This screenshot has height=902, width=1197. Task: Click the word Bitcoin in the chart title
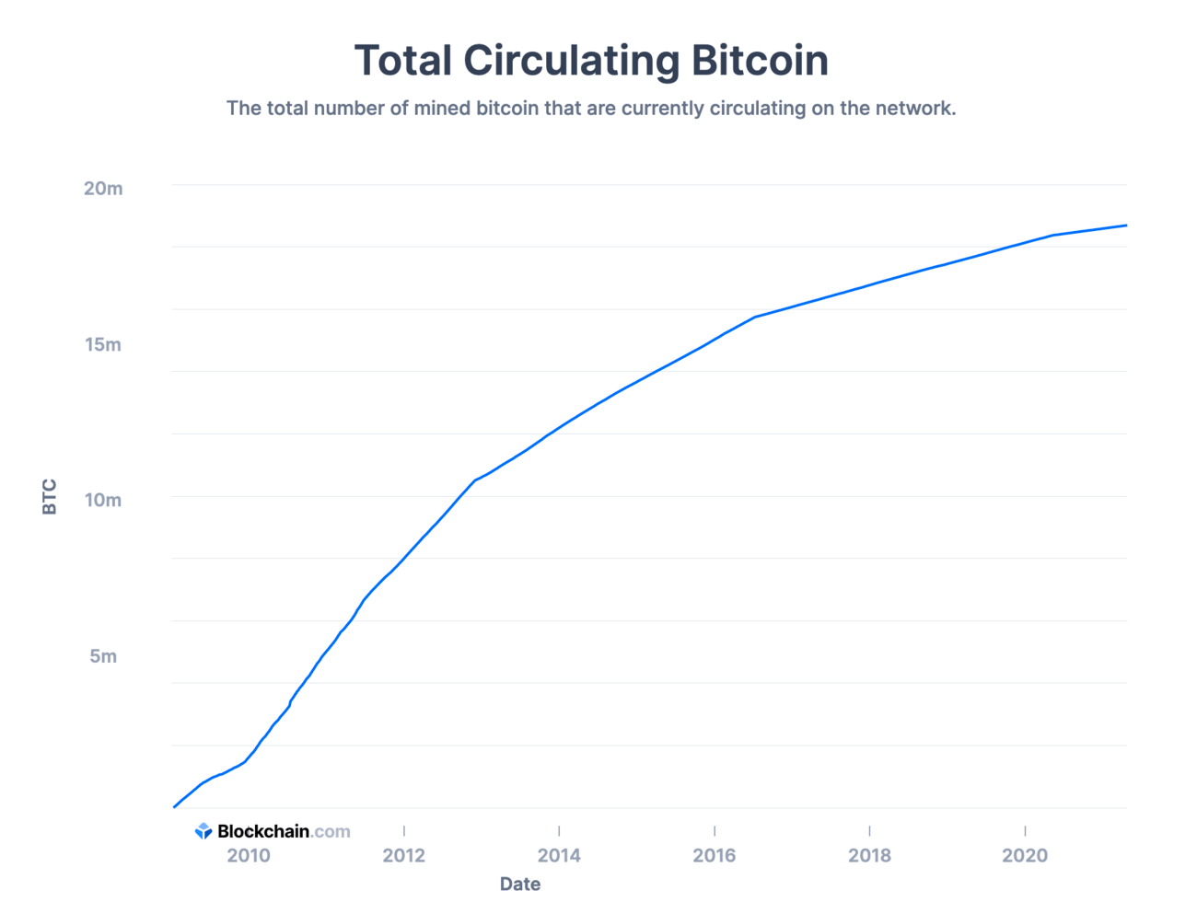[x=760, y=61]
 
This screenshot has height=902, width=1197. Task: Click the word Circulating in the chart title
[x=571, y=61]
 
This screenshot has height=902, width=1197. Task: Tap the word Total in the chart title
[x=403, y=61]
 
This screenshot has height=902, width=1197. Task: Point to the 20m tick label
[x=103, y=189]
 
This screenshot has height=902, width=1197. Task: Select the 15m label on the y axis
[x=103, y=345]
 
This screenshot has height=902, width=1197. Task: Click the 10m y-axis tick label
[x=103, y=501]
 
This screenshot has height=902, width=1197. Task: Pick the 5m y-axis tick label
[x=103, y=656]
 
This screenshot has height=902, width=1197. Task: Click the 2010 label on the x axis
[x=249, y=856]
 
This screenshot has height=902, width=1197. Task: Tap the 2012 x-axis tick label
[x=404, y=856]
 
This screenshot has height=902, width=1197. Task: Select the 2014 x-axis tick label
[x=559, y=856]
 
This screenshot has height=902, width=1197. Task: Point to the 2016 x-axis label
[x=715, y=856]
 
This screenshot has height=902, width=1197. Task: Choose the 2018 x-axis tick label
[x=869, y=856]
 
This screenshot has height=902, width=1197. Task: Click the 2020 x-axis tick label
[x=1025, y=856]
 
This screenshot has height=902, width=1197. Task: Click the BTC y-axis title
[x=50, y=497]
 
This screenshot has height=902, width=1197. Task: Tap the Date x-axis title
[x=520, y=884]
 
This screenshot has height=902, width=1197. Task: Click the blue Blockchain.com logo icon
[x=203, y=831]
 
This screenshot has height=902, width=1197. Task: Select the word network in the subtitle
[x=915, y=109]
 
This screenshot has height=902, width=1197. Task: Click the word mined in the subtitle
[x=442, y=109]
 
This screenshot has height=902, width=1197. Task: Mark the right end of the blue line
[x=1126, y=225]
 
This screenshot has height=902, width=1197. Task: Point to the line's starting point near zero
[x=174, y=807]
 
